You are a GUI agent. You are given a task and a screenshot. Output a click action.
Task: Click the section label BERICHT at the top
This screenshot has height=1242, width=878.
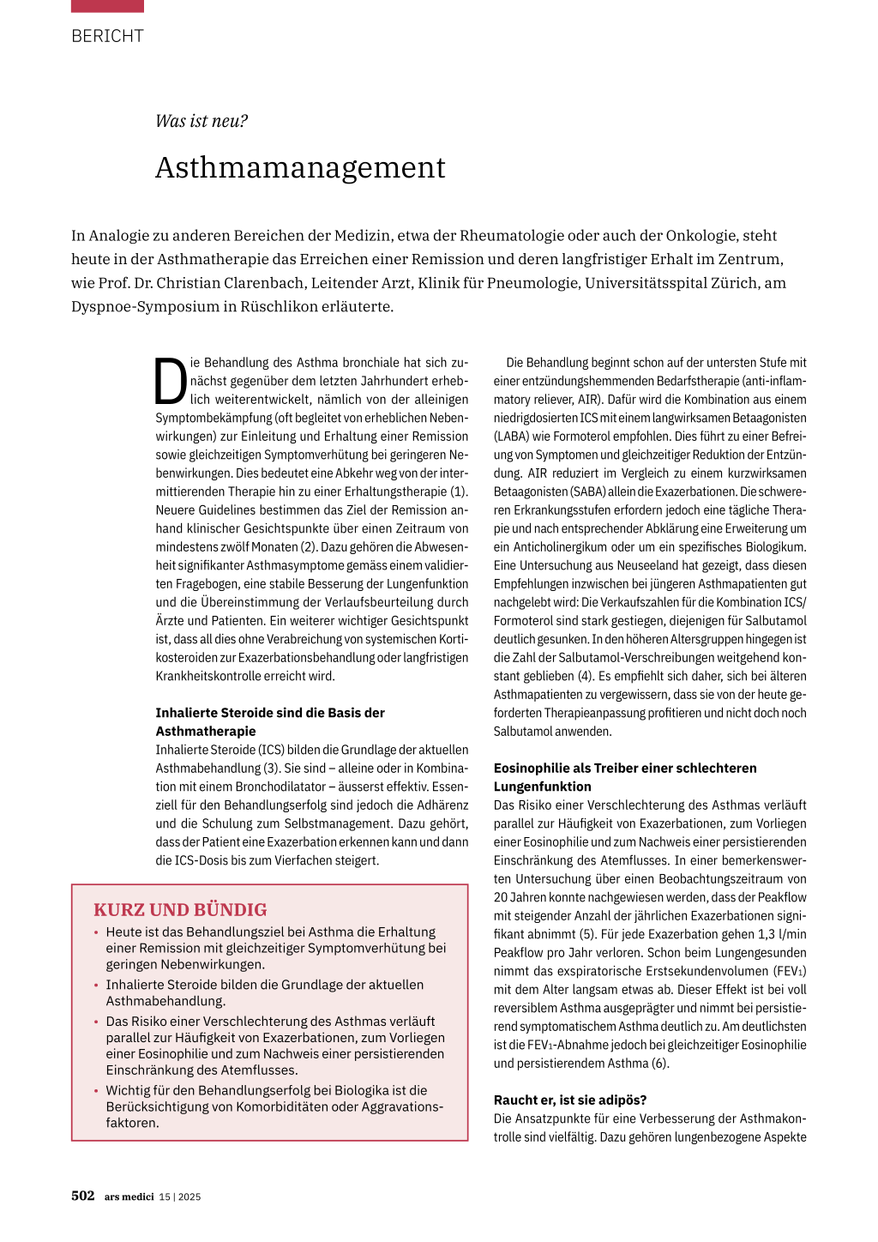coord(107,36)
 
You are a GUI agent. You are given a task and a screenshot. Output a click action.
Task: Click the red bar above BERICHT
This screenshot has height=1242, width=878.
coord(107,6)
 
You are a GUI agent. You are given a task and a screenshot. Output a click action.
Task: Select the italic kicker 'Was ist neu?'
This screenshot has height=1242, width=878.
coord(201,121)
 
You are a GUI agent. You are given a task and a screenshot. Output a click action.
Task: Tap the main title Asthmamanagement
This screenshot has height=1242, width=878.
coord(300,167)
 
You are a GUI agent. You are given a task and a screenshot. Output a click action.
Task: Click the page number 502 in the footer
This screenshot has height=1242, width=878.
coord(83,1196)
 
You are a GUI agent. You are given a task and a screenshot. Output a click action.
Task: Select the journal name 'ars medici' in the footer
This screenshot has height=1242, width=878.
coord(129,1197)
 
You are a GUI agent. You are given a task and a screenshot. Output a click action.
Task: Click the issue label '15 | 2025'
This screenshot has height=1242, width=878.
coord(180,1197)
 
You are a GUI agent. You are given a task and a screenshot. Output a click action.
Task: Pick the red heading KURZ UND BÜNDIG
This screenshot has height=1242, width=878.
coord(180,909)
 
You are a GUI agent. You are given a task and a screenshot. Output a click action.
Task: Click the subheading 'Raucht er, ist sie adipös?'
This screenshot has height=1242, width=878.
coord(570,1100)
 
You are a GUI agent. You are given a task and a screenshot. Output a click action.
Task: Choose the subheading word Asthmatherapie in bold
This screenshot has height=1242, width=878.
coord(206,731)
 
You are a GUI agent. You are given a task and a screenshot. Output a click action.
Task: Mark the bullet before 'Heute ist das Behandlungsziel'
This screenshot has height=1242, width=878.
coord(97,932)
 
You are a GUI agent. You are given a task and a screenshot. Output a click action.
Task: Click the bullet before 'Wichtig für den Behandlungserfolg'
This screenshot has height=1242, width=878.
coord(97,1091)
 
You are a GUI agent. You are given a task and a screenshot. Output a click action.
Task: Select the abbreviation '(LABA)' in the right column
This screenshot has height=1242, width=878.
coord(512,436)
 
